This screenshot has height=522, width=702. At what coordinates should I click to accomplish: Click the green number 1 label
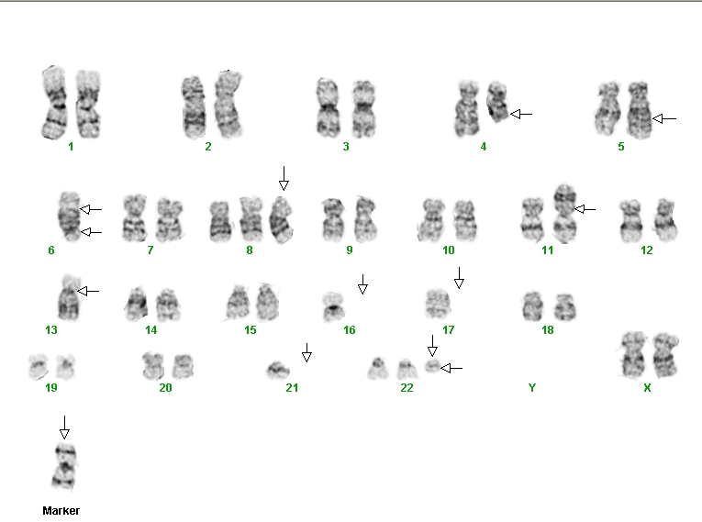(x=71, y=147)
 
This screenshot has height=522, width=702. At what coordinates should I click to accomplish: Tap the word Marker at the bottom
(x=61, y=510)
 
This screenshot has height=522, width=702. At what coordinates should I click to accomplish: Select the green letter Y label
(x=532, y=388)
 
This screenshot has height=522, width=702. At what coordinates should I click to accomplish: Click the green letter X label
(x=647, y=388)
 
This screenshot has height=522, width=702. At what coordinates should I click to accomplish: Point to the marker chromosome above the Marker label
(x=65, y=466)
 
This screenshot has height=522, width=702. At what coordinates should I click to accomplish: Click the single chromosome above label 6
(x=70, y=217)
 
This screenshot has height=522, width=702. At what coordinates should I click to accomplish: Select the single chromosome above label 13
(x=69, y=297)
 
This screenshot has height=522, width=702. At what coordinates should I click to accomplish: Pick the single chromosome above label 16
(x=333, y=306)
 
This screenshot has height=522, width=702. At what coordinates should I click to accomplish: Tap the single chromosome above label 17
(x=438, y=304)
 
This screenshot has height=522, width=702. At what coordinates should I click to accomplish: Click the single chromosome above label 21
(x=278, y=370)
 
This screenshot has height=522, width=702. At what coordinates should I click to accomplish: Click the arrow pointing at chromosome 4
(x=521, y=114)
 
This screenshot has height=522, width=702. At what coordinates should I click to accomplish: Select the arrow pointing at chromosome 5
(x=664, y=118)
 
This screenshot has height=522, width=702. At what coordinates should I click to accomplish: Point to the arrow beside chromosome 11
(x=585, y=209)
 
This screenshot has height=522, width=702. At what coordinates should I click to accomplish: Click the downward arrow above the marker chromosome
(x=64, y=428)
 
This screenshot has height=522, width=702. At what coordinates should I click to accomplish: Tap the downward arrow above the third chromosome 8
(x=284, y=178)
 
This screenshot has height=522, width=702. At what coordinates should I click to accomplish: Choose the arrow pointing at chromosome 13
(x=88, y=292)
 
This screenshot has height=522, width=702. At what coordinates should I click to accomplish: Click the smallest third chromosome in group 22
(x=432, y=366)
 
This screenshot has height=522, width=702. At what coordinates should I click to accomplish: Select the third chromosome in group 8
(x=281, y=219)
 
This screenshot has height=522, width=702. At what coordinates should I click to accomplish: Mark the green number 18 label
(x=548, y=330)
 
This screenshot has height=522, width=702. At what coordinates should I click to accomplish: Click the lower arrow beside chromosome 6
(x=92, y=232)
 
